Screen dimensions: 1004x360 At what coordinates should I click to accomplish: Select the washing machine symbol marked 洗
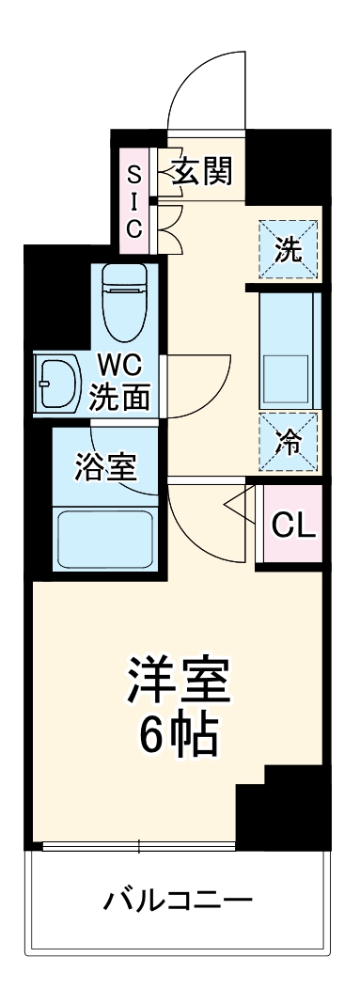tap(289, 249)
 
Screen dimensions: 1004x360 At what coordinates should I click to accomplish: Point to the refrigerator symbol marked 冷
tap(288, 441)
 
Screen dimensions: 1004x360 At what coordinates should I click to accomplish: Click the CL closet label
tap(293, 525)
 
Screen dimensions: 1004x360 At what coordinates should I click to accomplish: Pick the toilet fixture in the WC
tap(122, 301)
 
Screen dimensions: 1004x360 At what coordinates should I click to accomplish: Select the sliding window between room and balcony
tap(138, 847)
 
